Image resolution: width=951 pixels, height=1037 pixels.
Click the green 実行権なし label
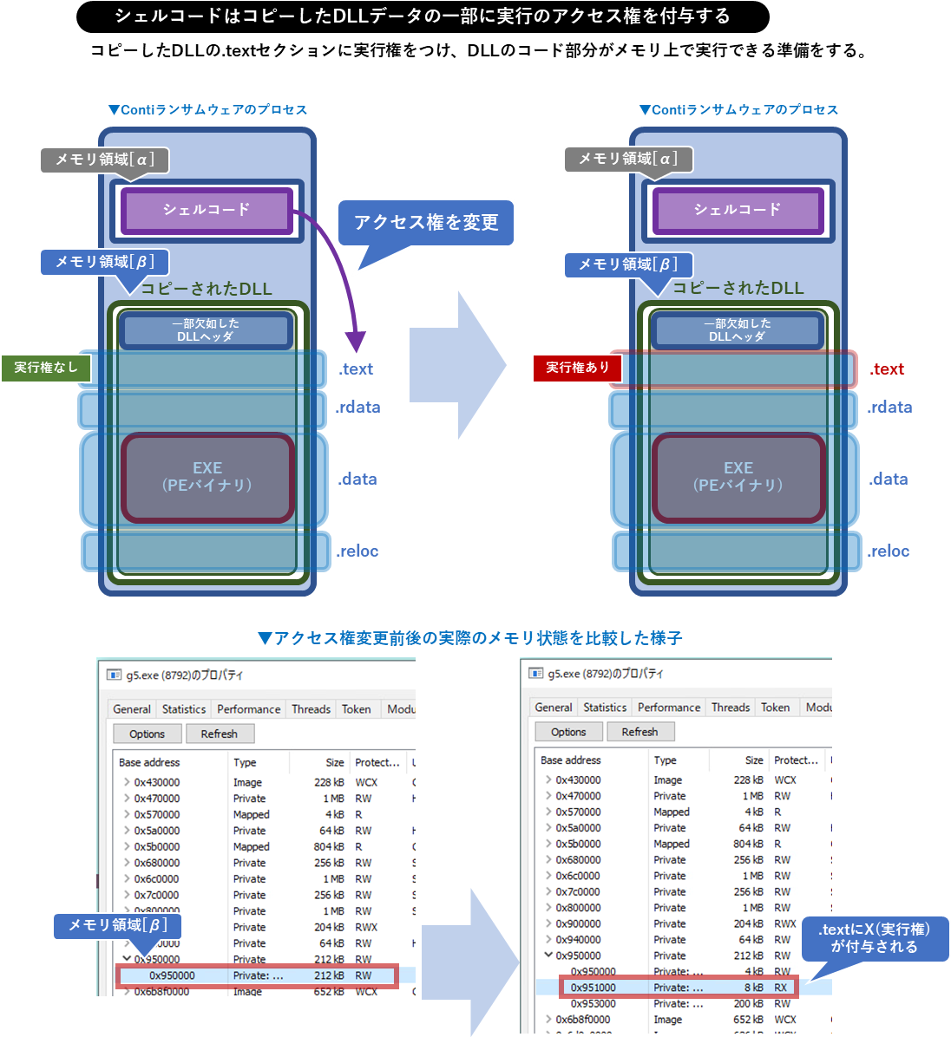[x=46, y=368]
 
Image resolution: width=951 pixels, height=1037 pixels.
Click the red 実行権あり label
[x=577, y=368]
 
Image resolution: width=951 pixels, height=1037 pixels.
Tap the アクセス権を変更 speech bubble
[x=426, y=223]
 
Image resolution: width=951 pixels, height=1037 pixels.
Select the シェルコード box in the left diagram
[x=207, y=211]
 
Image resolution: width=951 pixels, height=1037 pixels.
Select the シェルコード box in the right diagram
[x=738, y=211]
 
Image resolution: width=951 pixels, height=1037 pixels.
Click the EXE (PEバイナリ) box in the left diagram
[x=207, y=477]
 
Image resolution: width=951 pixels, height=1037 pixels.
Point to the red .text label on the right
[x=887, y=369]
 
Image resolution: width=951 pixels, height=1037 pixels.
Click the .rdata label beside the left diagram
[x=358, y=408]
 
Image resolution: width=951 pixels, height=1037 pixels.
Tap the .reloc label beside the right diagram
[x=889, y=551]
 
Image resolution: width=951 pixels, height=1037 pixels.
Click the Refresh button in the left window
[x=220, y=734]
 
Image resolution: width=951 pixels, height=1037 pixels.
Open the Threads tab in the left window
[x=311, y=709]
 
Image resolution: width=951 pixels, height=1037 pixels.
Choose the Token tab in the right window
[x=775, y=708]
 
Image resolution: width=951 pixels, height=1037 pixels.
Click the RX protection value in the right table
[x=781, y=988]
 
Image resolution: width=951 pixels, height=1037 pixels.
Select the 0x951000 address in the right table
[x=594, y=988]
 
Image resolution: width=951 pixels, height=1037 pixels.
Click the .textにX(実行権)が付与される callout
[x=874, y=938]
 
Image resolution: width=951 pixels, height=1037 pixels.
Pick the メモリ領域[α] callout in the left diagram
[x=104, y=160]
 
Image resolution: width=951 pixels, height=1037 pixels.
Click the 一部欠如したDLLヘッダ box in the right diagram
[x=738, y=330]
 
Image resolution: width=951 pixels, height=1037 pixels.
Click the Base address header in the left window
[x=149, y=763]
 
